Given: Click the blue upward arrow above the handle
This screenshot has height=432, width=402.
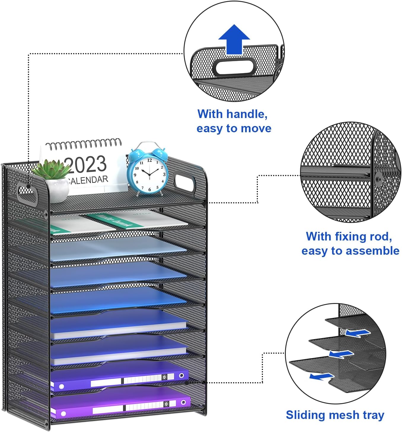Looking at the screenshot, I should [x=234, y=39].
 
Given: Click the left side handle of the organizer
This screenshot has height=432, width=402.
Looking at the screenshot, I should [x=27, y=194].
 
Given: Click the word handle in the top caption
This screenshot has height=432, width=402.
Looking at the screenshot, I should [x=248, y=114].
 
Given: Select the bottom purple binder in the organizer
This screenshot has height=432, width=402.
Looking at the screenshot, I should [x=119, y=405].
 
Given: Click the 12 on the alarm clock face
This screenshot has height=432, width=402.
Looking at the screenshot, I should [x=149, y=160].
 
